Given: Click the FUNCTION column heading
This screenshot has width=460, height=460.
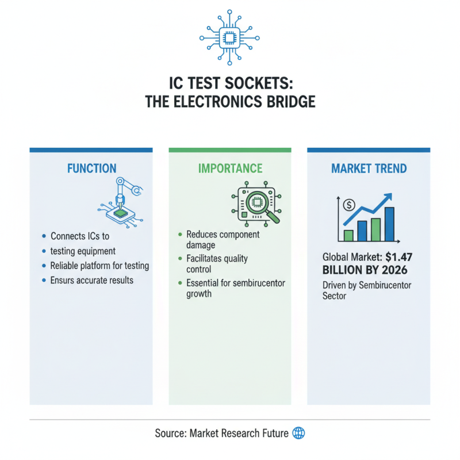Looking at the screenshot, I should click(x=91, y=168).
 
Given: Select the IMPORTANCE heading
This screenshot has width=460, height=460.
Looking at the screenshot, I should click(x=230, y=168).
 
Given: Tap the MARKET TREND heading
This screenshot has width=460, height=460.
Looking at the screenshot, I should click(x=369, y=168).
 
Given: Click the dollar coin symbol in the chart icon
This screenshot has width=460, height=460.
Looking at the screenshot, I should click(x=348, y=204).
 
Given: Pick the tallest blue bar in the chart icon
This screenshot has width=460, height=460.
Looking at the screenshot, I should click(x=389, y=224).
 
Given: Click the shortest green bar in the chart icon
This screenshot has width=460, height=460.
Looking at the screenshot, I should click(x=348, y=235).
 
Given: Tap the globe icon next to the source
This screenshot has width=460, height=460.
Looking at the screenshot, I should click(x=298, y=433).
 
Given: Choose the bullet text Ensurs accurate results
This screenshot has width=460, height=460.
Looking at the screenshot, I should click(x=91, y=280).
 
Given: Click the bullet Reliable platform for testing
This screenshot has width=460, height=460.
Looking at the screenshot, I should click(x=99, y=266).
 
